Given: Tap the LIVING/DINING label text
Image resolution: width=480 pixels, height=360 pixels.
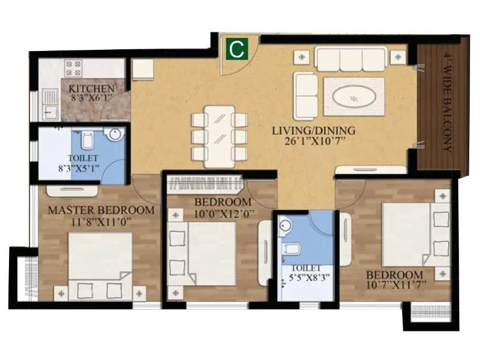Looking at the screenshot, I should [x=314, y=130].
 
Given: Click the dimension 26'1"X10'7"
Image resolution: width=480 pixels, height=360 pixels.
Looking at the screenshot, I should [x=314, y=142].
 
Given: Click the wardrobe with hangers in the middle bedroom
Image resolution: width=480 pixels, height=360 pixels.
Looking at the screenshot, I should [x=204, y=181].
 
